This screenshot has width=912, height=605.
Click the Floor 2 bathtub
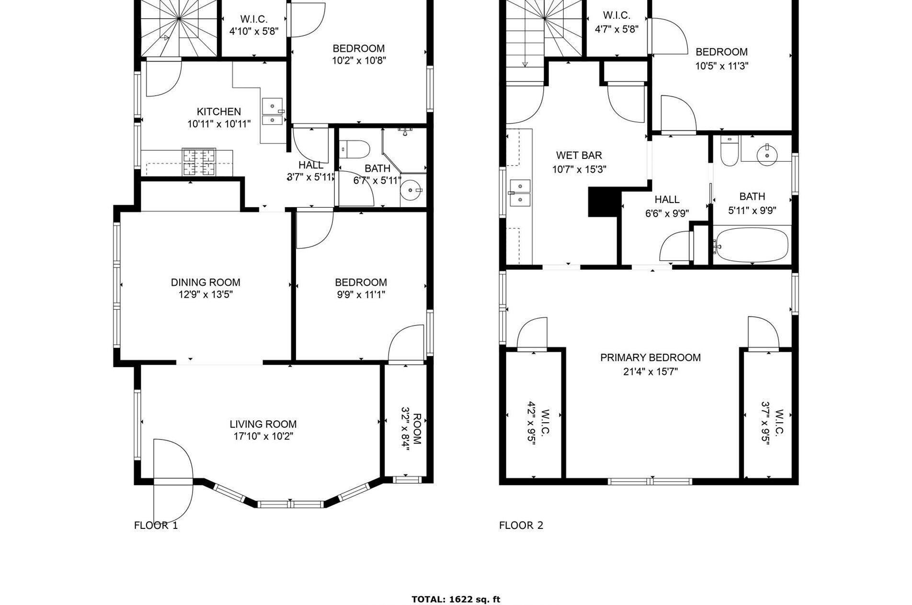point(751,245)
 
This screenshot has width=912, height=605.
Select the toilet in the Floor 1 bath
point(354,149)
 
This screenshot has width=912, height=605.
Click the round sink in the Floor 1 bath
point(411,191)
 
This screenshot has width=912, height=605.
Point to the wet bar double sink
point(521,192)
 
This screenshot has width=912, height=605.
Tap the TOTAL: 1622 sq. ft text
point(456,599)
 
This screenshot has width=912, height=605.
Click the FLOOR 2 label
point(521,526)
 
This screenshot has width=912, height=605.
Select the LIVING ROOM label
point(263,424)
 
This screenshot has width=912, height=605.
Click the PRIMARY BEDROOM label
point(650,358)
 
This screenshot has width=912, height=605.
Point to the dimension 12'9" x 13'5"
point(205,295)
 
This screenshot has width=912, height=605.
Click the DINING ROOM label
point(205,282)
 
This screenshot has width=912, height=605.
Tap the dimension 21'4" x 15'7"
point(650,371)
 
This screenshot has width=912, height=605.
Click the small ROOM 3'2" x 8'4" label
point(411,429)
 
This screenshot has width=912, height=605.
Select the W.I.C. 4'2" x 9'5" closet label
point(538,427)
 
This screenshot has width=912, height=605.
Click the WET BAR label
point(579,155)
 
